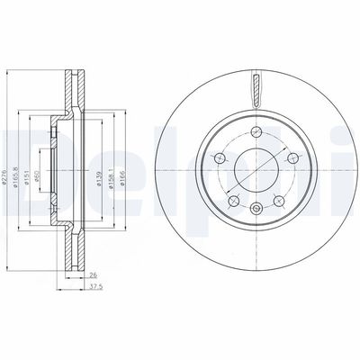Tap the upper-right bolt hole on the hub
[x=287, y=156]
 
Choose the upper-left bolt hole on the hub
[x=219, y=156]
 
